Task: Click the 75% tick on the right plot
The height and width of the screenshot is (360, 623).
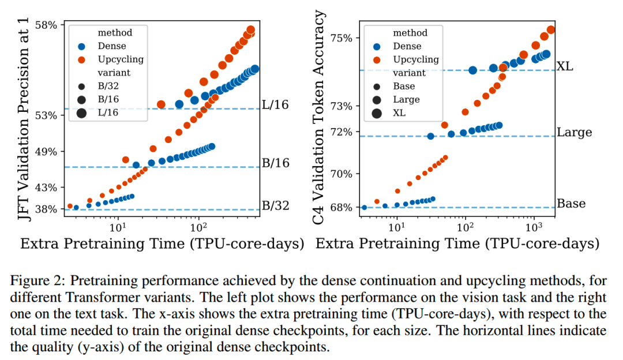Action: (x=340, y=38)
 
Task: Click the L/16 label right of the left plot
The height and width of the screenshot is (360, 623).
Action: (x=275, y=106)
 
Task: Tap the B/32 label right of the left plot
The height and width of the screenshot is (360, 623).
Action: (x=275, y=206)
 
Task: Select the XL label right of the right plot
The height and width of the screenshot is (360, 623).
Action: (x=565, y=67)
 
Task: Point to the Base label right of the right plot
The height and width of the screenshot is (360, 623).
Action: (x=571, y=204)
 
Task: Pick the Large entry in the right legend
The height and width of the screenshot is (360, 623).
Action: (x=406, y=99)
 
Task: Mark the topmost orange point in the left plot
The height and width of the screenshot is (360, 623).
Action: (x=251, y=30)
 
